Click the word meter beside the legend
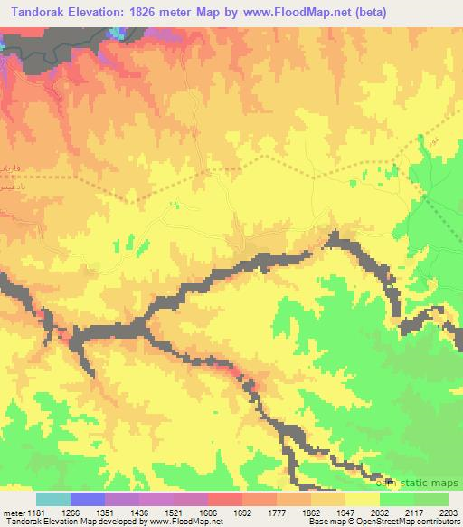click(x=12, y=511)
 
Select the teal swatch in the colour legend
click(x=53, y=499)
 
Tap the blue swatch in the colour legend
click(x=88, y=499)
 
